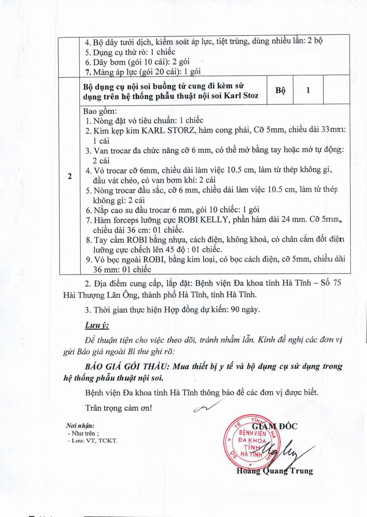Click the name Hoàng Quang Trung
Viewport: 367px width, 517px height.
tap(275, 471)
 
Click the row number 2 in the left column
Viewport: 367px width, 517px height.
tap(69, 176)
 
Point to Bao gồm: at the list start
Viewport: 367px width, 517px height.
tap(98, 112)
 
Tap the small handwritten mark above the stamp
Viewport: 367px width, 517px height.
tap(207, 406)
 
